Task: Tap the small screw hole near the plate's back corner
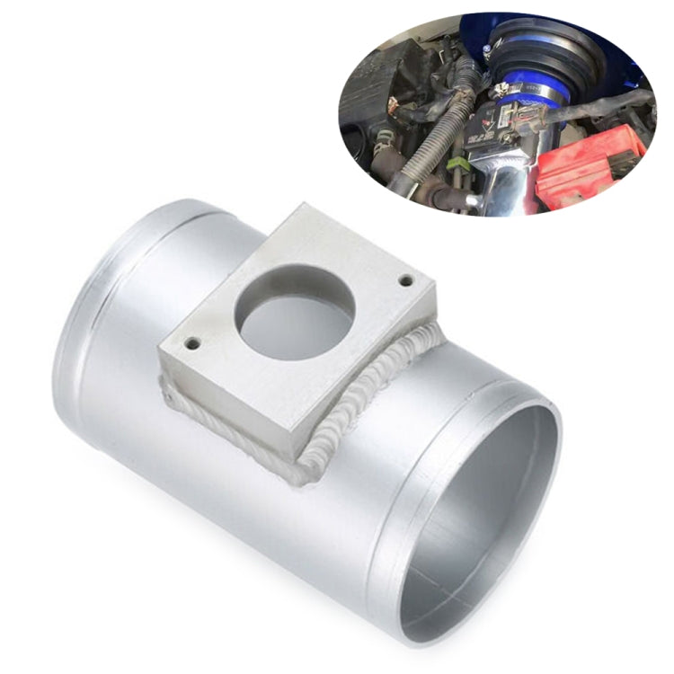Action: pos(406,280)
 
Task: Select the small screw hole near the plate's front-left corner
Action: pos(191,342)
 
